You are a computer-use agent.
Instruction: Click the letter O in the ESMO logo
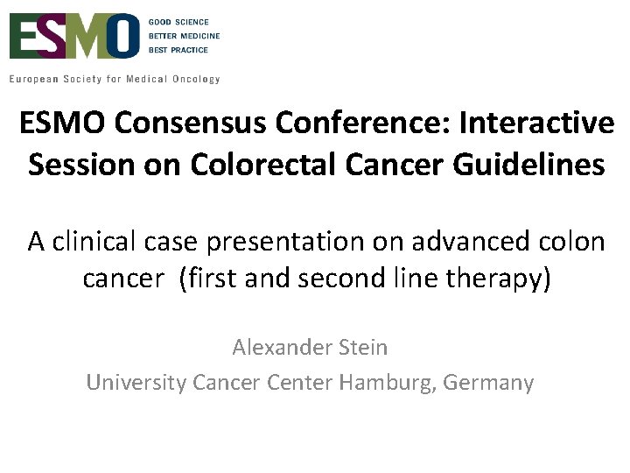coord(122,37)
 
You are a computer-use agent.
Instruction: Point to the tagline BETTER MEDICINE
coord(184,37)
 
